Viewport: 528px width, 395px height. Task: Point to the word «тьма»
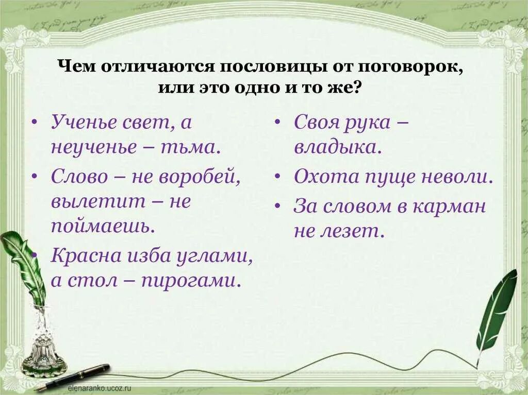pos(195,147)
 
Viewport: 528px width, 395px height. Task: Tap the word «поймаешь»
pos(103,227)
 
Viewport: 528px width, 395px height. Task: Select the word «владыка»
pos(338,147)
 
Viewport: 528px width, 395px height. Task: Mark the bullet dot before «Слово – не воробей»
pos(34,177)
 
